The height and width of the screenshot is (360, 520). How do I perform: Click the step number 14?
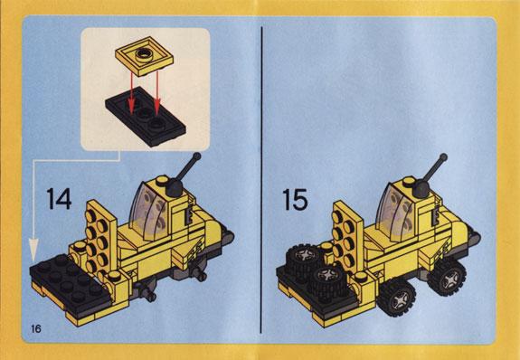pyautogui.click(x=59, y=199)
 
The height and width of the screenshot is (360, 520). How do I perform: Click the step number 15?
pyautogui.click(x=295, y=199)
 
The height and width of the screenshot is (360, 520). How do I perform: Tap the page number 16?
pyautogui.click(x=36, y=328)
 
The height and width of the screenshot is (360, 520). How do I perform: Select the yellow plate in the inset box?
pyautogui.click(x=145, y=56)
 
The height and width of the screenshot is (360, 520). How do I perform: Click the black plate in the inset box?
pyautogui.click(x=146, y=117)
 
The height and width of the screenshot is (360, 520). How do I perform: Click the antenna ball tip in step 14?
pyautogui.click(x=196, y=156)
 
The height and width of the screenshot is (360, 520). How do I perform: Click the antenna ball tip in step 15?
pyautogui.click(x=443, y=157)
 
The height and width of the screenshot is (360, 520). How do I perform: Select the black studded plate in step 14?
pyautogui.click(x=71, y=281)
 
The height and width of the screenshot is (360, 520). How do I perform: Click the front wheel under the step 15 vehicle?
pyautogui.click(x=397, y=297)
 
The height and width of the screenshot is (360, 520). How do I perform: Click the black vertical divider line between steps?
pyautogui.click(x=261, y=179)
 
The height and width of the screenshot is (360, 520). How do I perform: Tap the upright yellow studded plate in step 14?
pyautogui.click(x=100, y=238)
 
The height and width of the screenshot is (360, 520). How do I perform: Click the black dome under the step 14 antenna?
pyautogui.click(x=175, y=188)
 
